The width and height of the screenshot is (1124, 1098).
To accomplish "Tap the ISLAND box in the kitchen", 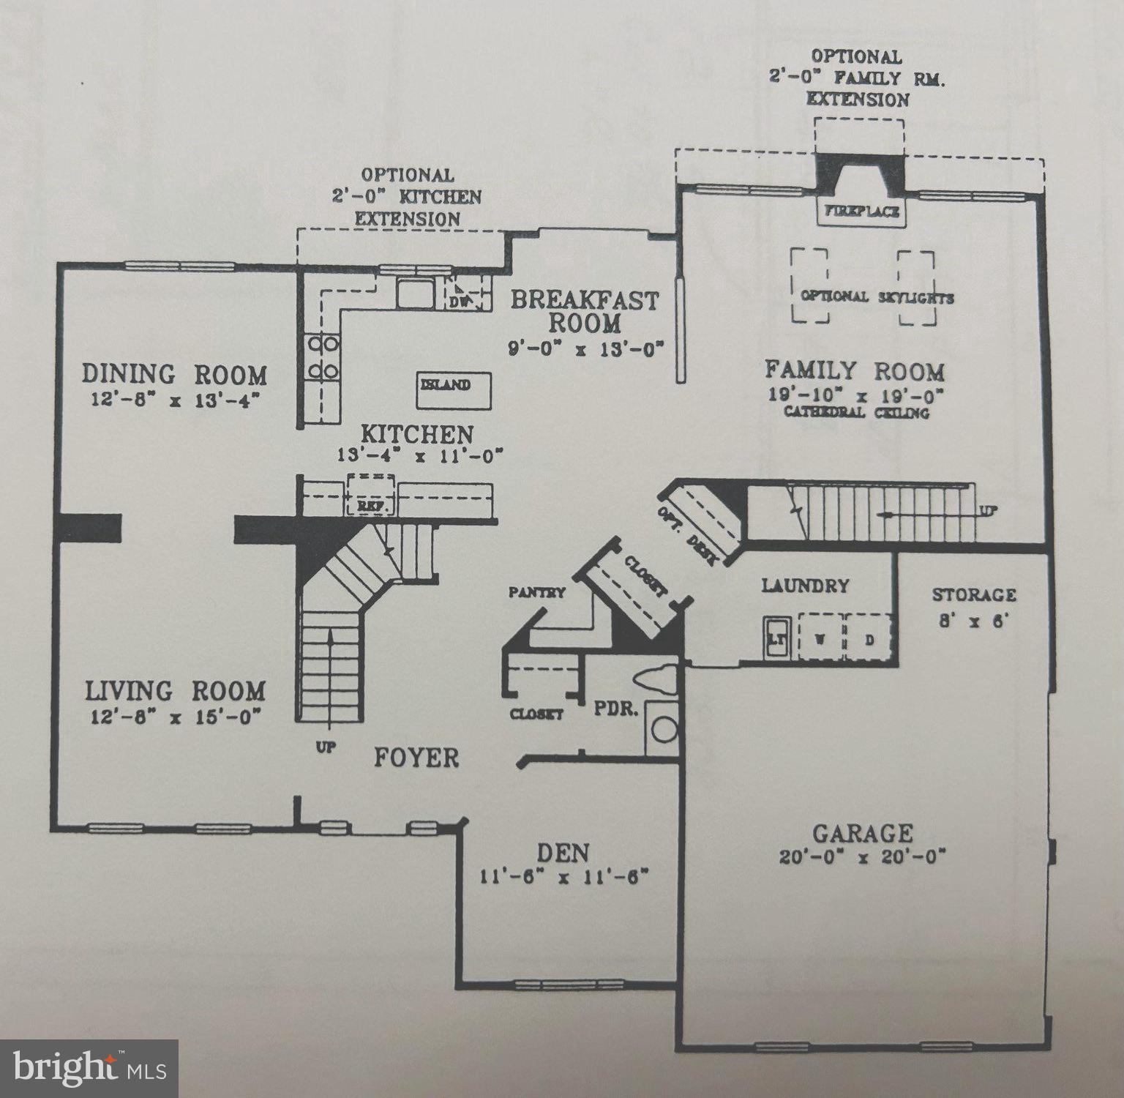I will tap(454, 391).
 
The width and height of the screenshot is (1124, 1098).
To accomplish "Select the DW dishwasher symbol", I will tap(460, 299).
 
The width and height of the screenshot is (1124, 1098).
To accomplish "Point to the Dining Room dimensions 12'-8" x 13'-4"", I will tap(174, 400).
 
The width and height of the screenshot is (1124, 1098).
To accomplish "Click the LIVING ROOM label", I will tap(175, 691).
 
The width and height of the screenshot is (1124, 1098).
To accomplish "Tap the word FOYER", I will tap(416, 758).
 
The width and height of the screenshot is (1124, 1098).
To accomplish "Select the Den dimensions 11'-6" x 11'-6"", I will tap(565, 876).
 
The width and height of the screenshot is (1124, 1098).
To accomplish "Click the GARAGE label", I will tap(863, 833).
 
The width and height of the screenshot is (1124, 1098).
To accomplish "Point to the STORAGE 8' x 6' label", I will tap(974, 606).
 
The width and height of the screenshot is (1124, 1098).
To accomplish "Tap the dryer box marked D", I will tap(869, 638).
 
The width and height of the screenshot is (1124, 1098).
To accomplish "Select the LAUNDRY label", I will tap(805, 586).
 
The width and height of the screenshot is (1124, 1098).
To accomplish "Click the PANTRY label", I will tap(538, 592).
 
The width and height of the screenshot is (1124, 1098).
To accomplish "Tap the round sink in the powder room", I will tap(664, 729).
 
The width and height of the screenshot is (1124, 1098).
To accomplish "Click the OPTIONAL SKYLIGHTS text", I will tap(877, 297).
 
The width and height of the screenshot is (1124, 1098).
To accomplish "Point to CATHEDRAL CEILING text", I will tap(856, 413).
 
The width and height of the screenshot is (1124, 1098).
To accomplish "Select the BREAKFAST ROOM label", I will tap(585, 311).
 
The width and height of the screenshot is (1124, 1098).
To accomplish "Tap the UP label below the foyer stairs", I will tap(326, 748).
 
